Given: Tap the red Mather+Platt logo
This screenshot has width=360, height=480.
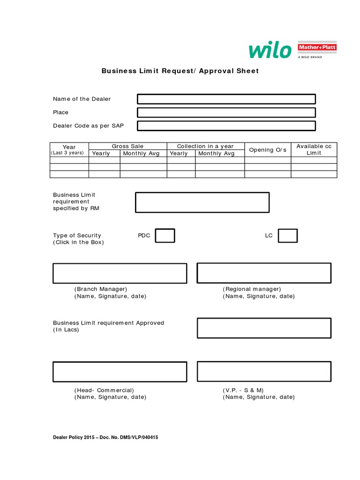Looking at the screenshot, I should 317,48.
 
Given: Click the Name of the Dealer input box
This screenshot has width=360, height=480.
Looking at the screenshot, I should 226,99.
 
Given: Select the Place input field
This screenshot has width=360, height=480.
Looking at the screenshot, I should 226,112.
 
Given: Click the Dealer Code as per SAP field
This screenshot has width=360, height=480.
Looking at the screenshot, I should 226,126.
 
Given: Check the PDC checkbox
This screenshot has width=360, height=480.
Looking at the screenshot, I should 165,236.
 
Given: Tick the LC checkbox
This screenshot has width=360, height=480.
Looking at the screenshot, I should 287,236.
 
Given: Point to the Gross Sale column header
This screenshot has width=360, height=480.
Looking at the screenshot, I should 127,146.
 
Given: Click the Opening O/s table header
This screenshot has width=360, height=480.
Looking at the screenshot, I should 268,150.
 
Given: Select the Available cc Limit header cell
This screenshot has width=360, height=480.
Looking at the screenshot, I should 314,150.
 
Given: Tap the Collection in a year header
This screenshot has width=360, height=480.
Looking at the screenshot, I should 205,146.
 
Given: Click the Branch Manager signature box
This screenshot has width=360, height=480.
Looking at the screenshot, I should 120,273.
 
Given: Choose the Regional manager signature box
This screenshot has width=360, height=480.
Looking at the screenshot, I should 264,273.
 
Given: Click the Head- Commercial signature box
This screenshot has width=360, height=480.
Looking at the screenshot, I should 120,371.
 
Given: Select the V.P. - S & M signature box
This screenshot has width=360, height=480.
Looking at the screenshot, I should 264,371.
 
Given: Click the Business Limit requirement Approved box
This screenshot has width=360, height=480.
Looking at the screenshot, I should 264,328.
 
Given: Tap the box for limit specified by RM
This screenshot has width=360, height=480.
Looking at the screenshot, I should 202,202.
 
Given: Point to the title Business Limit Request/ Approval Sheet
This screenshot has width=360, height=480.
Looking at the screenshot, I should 180,71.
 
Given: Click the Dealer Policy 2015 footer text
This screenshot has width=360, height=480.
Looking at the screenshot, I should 108,437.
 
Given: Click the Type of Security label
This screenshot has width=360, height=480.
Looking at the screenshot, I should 77,235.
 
